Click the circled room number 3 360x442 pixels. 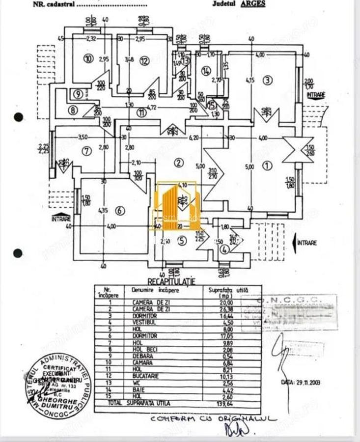point(267,81)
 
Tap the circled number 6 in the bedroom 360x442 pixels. point(120,211)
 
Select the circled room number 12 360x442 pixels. point(144,61)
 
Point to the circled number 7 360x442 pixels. point(87,151)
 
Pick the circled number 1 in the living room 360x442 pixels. point(267,166)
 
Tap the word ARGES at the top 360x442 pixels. point(253,4)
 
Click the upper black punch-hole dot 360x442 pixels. point(19,117)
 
